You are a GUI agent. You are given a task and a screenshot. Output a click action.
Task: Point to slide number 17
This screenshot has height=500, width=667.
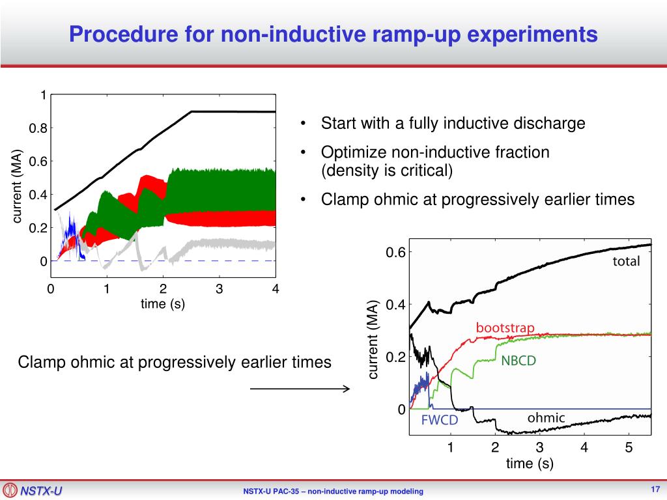point(655,490)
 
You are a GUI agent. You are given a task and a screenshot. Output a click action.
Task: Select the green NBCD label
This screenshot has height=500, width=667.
point(518,361)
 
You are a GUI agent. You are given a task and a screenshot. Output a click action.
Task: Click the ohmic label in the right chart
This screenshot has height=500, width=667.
point(546,418)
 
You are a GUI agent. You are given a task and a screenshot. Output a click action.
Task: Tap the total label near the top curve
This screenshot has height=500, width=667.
point(626,262)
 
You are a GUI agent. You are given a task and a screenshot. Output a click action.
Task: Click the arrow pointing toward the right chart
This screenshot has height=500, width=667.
point(300,389)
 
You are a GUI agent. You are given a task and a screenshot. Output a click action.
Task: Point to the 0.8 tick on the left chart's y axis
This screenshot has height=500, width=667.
point(38,129)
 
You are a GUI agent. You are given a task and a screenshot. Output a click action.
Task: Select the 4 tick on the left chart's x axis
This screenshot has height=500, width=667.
point(276,289)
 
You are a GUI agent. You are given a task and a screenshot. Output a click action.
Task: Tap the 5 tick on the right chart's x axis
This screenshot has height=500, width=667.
point(629,448)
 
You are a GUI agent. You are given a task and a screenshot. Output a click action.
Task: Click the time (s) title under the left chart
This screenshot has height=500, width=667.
point(163,303)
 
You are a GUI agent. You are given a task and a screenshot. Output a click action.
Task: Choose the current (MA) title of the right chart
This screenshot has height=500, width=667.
point(374,340)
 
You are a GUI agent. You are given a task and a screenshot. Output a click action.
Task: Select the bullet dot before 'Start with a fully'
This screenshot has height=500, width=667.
point(304,124)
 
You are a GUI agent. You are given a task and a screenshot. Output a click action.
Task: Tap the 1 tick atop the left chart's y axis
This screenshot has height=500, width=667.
point(43,96)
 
